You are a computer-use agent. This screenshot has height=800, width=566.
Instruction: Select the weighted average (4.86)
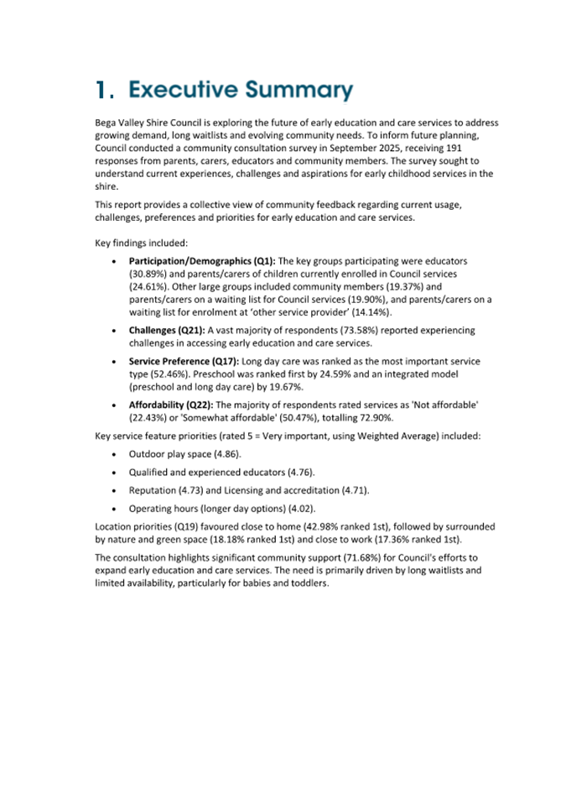pos(226,452)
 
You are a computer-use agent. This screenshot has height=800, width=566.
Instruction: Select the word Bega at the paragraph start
pos(107,122)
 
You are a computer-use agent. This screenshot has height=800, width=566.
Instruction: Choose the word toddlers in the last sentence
pos(307,583)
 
